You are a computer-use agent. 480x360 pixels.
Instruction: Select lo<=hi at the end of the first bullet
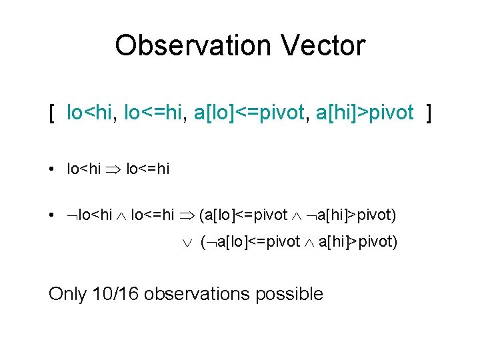pos(147,169)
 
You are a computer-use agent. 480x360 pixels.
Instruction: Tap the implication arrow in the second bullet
pos(187,215)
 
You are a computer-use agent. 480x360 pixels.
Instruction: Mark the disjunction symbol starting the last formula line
pos(187,242)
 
